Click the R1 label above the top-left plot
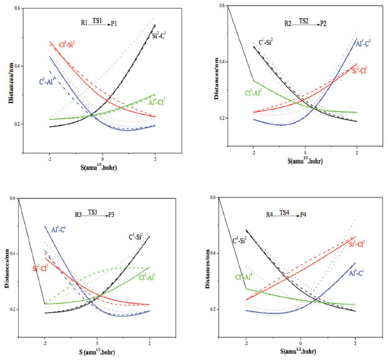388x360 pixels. [x=85, y=23]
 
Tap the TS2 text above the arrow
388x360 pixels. [x=303, y=20]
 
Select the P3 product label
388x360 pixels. [x=111, y=215]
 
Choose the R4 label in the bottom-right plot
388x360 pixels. [x=270, y=215]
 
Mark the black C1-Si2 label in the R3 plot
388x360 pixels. [x=139, y=236]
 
